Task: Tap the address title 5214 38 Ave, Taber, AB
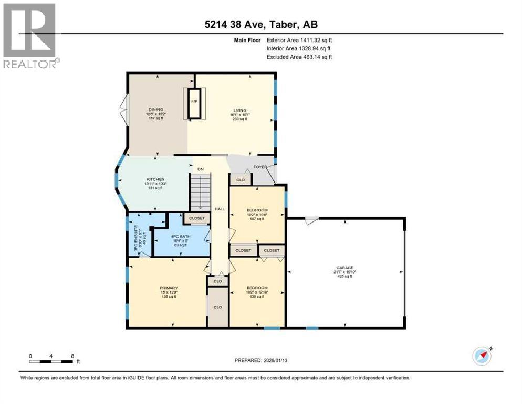260,24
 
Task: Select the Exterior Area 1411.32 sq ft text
299,39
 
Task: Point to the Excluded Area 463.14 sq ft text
299,57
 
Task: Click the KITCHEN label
155,179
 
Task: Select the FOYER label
260,167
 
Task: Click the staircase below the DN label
200,193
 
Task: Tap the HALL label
220,209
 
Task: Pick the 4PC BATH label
180,236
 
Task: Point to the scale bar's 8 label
72,356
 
